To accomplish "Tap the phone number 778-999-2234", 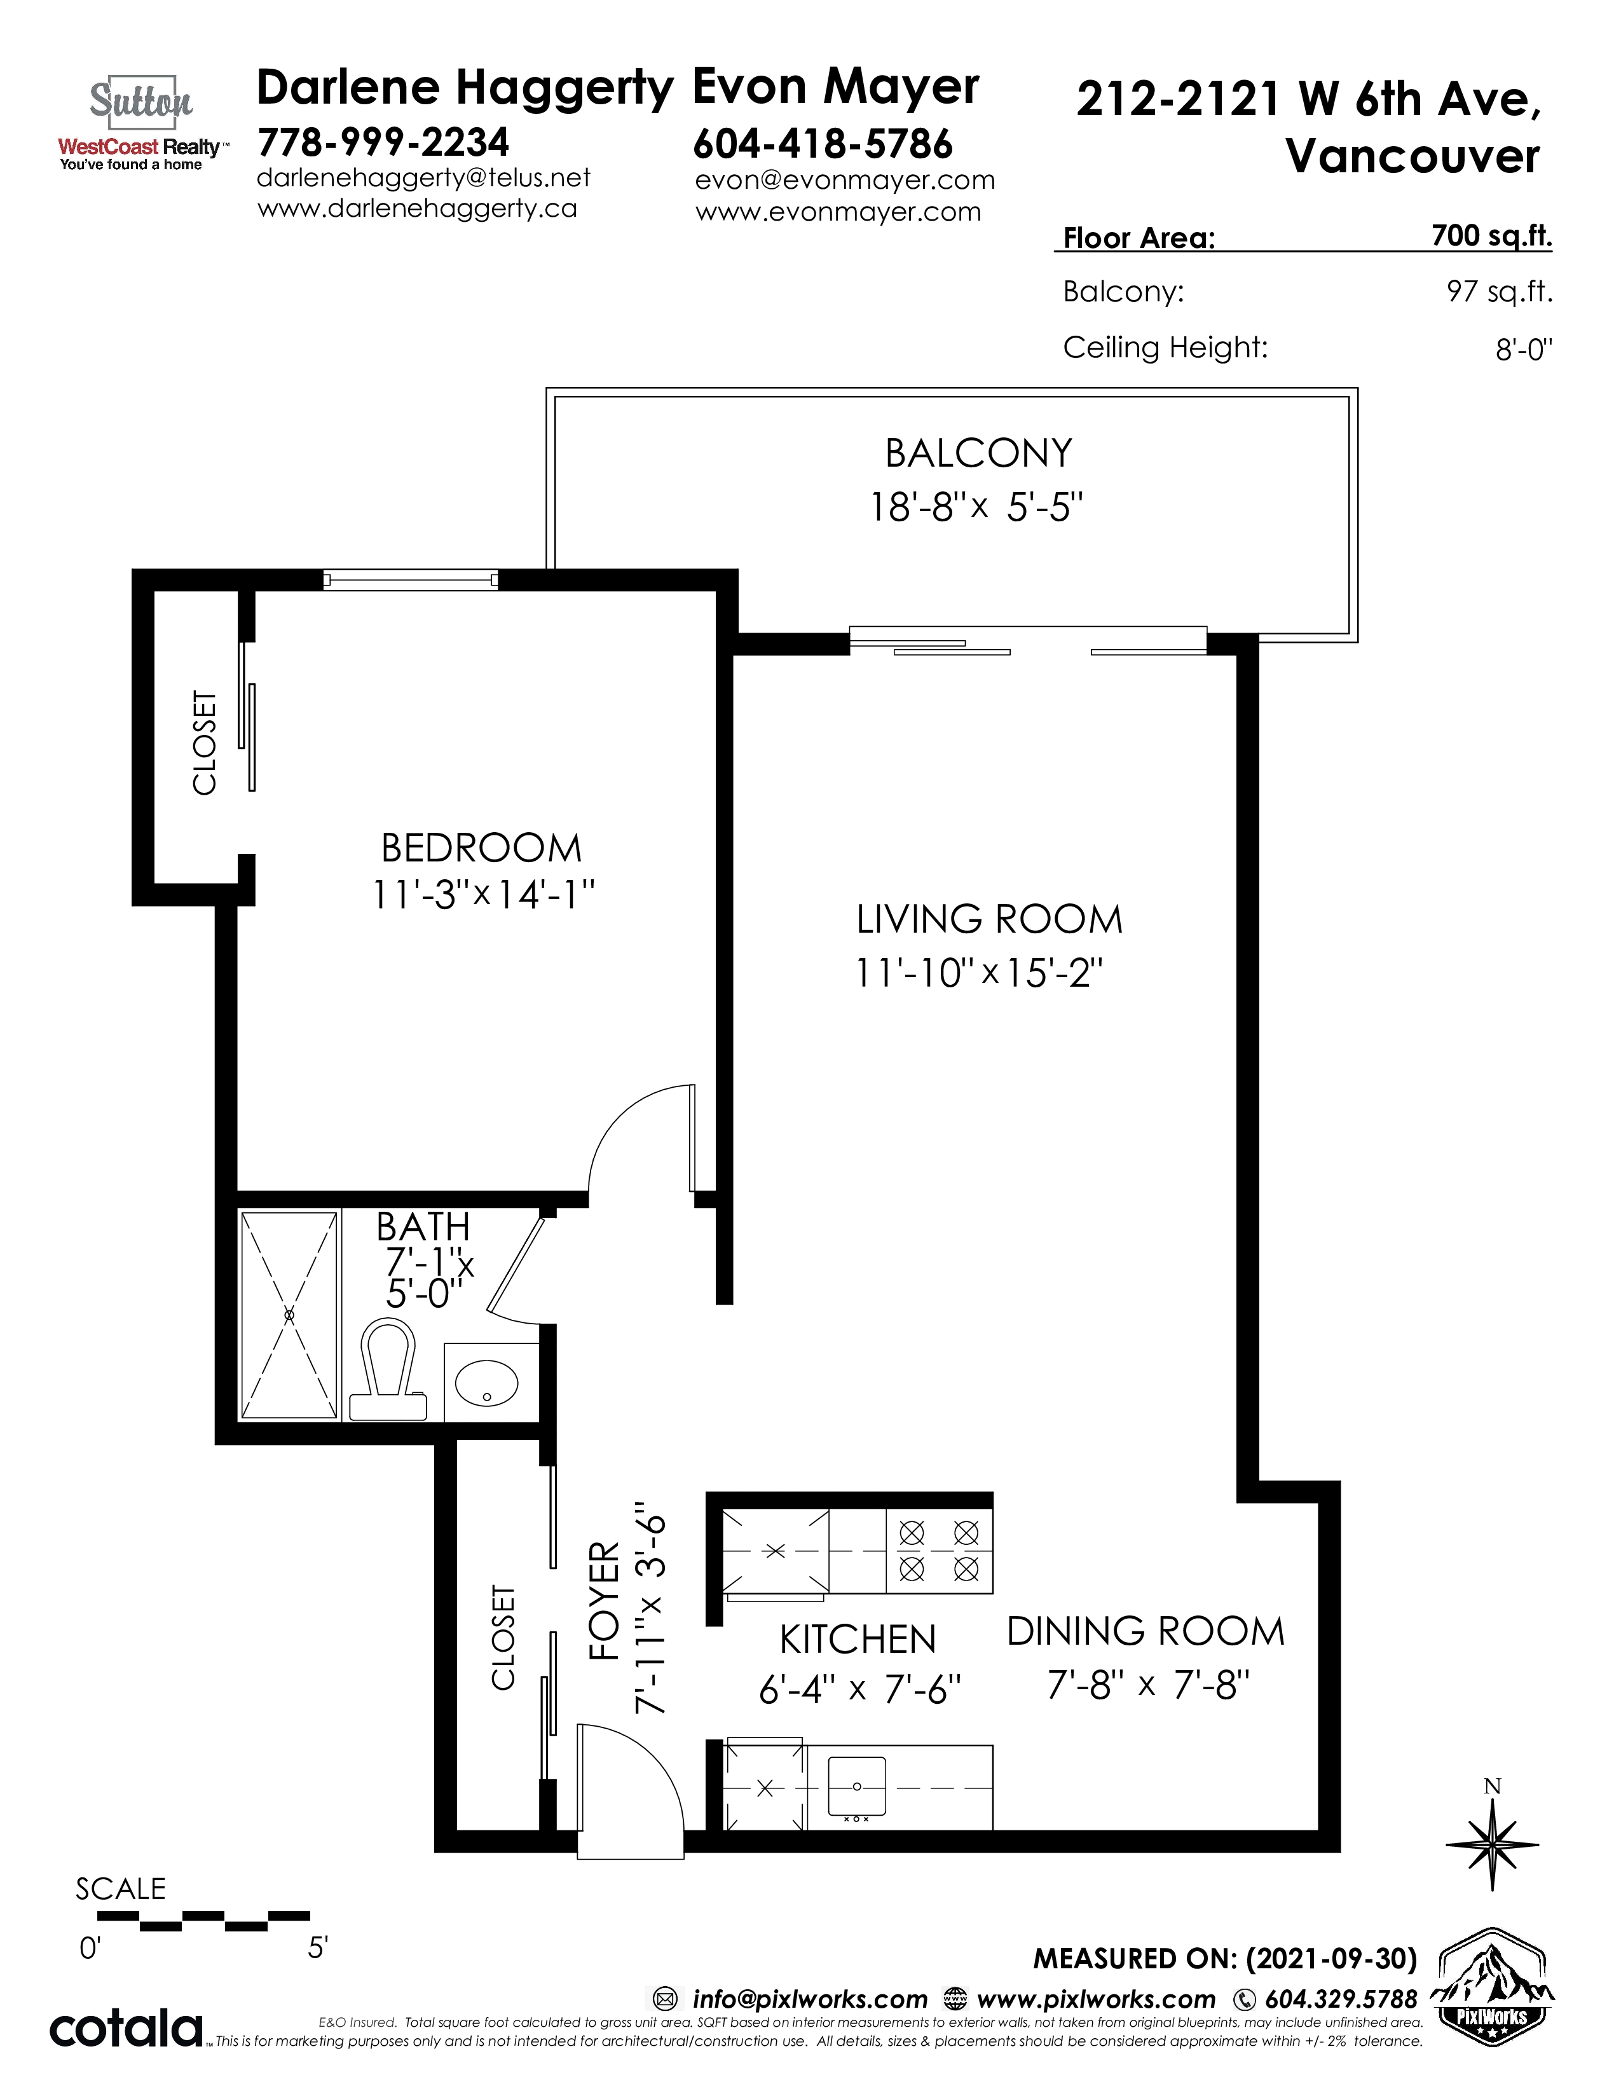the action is click(x=383, y=142).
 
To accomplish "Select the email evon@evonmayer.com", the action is click(x=844, y=180).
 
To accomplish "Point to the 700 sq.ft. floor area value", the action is click(x=1491, y=235).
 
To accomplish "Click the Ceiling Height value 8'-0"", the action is click(x=1523, y=348).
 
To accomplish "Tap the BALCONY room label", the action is click(x=978, y=453).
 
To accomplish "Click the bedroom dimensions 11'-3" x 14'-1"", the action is click(x=483, y=895).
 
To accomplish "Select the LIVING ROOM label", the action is click(x=989, y=919).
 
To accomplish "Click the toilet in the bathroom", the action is click(x=388, y=1369).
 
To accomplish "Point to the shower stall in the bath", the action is click(x=289, y=1314).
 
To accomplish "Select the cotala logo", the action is click(x=126, y=2028).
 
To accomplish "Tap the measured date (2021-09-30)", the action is click(x=1331, y=1957).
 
